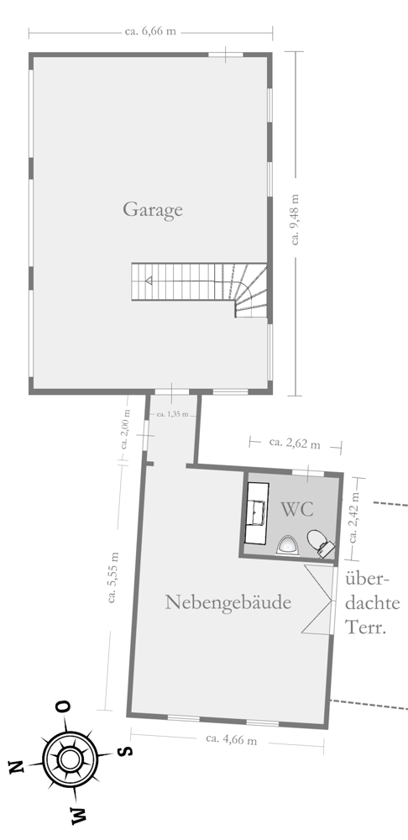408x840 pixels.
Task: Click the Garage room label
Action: pos(153,209)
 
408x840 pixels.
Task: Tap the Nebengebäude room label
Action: pos(228,602)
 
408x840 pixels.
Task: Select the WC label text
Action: pos(297,510)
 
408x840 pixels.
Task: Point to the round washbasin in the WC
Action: pos(287,545)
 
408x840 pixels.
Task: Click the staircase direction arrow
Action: pos(149,281)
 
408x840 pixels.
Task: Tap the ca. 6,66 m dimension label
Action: pos(150,31)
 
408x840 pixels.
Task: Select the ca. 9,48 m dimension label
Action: pos(295,219)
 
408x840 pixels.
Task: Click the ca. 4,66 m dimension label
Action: pos(232,739)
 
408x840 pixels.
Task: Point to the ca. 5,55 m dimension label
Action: pos(112,577)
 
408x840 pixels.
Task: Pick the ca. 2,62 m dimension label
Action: pos(295,444)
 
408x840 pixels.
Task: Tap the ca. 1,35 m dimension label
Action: pos(172,414)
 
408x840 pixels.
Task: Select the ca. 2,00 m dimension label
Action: pos(125,428)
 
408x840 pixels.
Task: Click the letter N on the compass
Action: pos(17,767)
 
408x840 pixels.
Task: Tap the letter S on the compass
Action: pos(125,749)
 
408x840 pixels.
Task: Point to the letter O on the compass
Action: pos(64,707)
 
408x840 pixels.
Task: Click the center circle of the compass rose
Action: pos(69,759)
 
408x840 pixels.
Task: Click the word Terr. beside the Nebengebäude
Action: pos(366,627)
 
